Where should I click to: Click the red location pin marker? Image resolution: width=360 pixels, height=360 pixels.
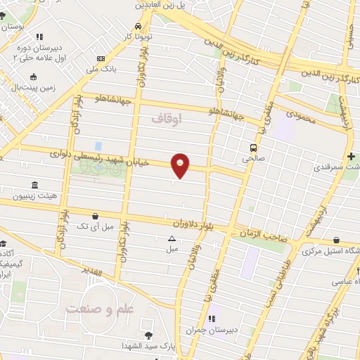click(181, 165)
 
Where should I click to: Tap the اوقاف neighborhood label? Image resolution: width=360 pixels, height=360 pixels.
click(167, 120)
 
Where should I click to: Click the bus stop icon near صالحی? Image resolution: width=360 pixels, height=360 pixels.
click(252, 148)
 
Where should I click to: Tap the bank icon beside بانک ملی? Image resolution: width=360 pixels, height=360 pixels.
click(101, 58)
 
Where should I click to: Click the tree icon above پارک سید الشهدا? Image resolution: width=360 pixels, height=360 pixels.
click(148, 335)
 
